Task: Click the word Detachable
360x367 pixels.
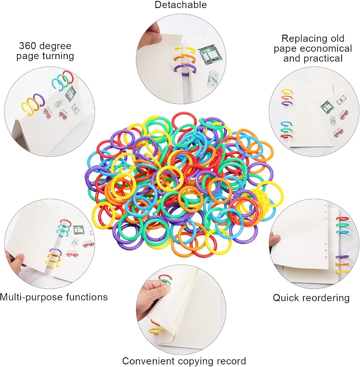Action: click(181, 5)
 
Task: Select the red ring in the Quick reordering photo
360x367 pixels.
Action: click(342, 218)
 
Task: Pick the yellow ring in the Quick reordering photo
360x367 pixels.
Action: click(342, 272)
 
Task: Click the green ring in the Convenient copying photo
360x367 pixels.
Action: click(166, 283)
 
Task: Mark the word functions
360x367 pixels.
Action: click(87, 297)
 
